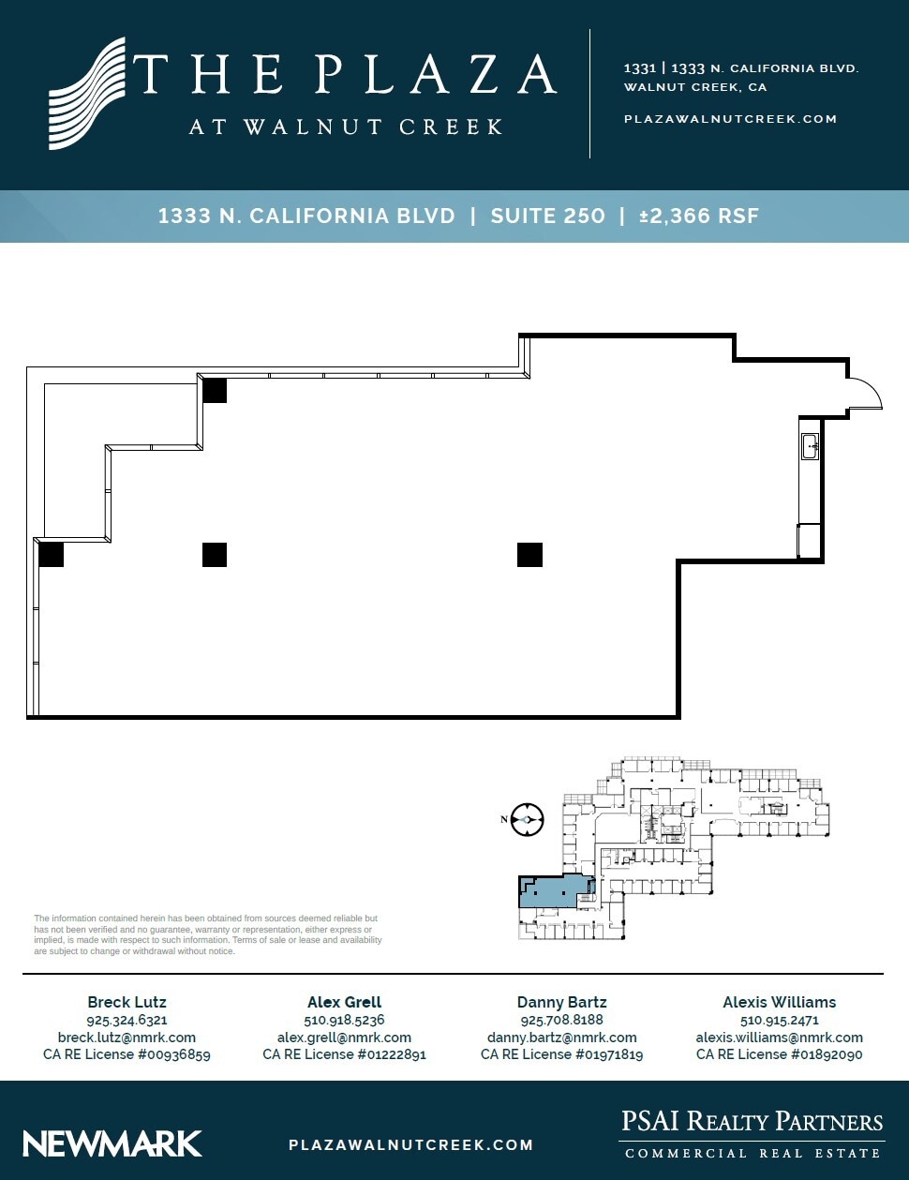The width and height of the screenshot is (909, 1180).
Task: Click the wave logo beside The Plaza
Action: pyautogui.click(x=87, y=94)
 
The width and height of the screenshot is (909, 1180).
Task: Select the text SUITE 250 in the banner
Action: pyautogui.click(x=547, y=216)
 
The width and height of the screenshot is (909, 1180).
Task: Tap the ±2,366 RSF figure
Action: pyautogui.click(x=698, y=216)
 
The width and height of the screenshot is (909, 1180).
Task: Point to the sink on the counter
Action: pyautogui.click(x=810, y=446)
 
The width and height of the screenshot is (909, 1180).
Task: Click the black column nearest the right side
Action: pyautogui.click(x=529, y=555)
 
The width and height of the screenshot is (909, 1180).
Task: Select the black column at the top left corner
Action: pyautogui.click(x=215, y=390)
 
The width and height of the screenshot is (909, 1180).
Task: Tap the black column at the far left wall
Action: pyautogui.click(x=51, y=555)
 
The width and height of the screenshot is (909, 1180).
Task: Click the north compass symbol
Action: pyautogui.click(x=528, y=819)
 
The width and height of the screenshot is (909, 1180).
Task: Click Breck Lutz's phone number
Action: pyautogui.click(x=127, y=1020)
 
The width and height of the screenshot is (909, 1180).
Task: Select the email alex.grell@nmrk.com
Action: pyautogui.click(x=344, y=1038)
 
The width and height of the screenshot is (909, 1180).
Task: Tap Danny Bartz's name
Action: pyautogui.click(x=561, y=1002)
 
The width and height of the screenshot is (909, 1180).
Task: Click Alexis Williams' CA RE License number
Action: pyautogui.click(x=779, y=1054)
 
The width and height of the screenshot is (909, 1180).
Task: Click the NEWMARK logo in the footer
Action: pyautogui.click(x=112, y=1143)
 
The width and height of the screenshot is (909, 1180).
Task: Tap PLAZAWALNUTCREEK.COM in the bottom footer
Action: pyautogui.click(x=410, y=1144)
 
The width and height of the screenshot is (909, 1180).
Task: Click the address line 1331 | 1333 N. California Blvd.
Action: pyautogui.click(x=740, y=68)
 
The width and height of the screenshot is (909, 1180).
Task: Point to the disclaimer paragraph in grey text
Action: pyautogui.click(x=208, y=934)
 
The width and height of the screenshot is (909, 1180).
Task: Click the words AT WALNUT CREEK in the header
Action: pyautogui.click(x=346, y=127)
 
